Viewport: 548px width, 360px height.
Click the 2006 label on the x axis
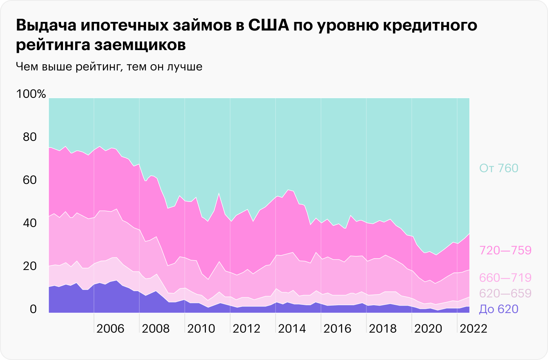[x=110, y=328]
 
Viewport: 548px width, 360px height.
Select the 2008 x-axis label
[x=155, y=328]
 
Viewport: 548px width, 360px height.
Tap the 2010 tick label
[x=201, y=328]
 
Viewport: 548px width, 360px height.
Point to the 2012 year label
[x=246, y=328]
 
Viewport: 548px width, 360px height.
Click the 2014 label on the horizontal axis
[x=292, y=328]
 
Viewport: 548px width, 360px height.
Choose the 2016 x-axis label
[x=337, y=328]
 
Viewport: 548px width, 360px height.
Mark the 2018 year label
[x=383, y=328]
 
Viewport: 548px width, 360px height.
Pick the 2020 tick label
[x=428, y=328]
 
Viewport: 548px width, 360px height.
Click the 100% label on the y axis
[x=31, y=94]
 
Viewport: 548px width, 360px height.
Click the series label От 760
[x=498, y=169]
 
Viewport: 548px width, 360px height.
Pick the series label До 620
[x=498, y=310]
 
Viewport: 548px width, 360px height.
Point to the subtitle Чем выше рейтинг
[x=66, y=67]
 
